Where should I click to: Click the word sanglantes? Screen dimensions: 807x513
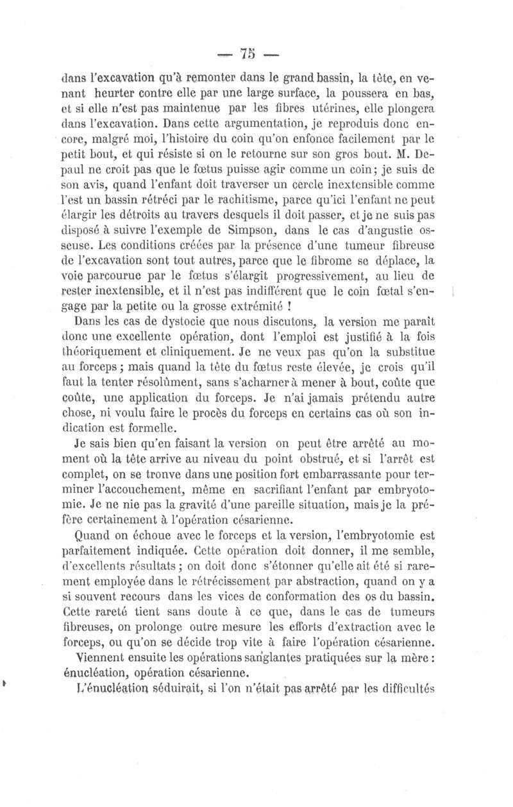(278, 656)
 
